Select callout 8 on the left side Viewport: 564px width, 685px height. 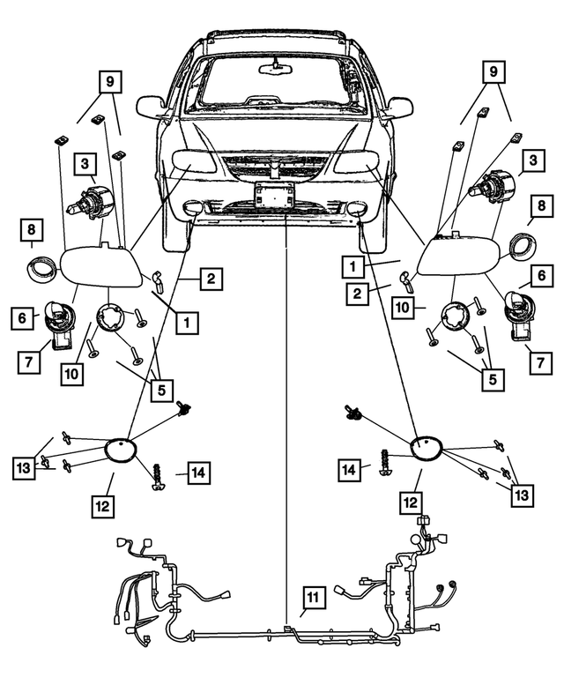33,233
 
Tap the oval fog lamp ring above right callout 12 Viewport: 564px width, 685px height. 427,446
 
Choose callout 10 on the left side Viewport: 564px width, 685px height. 71,373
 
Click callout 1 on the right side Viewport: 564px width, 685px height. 352,264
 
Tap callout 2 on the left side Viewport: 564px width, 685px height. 211,280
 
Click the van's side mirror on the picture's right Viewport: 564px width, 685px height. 399,108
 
